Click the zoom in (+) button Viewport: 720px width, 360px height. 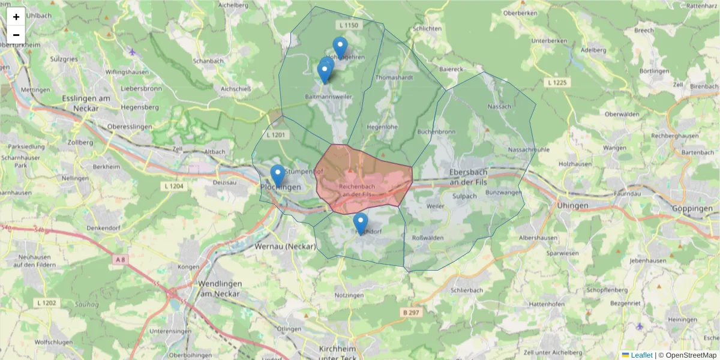pyautogui.click(x=16, y=16)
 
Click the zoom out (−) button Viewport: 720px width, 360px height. pyautogui.click(x=16, y=35)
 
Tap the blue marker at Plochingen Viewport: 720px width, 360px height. pyautogui.click(x=277, y=175)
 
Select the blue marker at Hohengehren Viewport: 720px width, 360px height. pyautogui.click(x=340, y=47)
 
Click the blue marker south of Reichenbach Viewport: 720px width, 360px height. pyautogui.click(x=360, y=223)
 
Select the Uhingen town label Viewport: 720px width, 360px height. pyautogui.click(x=573, y=205)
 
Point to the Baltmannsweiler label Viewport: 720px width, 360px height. pyautogui.click(x=329, y=96)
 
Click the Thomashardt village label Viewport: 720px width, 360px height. pyautogui.click(x=394, y=78)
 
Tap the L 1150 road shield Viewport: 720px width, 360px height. pyautogui.click(x=348, y=25)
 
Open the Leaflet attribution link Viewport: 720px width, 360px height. pyautogui.click(x=641, y=355)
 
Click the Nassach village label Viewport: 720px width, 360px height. pyautogui.click(x=500, y=106)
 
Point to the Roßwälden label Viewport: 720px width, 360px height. pyautogui.click(x=427, y=238)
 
